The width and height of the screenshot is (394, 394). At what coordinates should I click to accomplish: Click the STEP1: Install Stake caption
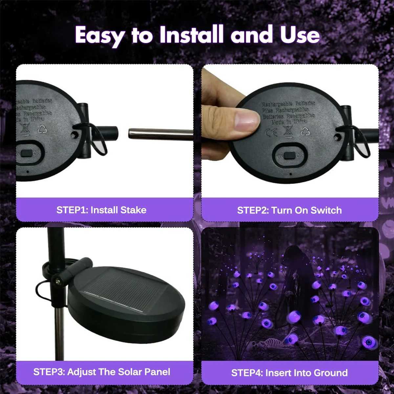tap(101, 210)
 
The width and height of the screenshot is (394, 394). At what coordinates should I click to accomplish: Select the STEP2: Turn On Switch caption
tap(289, 210)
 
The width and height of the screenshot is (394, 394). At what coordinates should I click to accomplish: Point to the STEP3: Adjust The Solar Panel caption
tap(102, 372)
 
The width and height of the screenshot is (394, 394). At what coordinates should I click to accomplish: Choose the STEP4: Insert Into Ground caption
tap(289, 373)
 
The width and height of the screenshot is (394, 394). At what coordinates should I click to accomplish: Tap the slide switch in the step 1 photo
tap(27, 153)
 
